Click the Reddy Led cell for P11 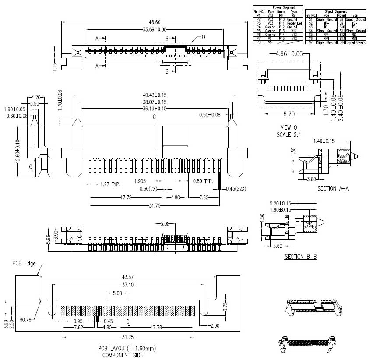click(x=294, y=23)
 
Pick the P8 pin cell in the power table click(x=258, y=42)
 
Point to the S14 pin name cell click(x=342, y=42)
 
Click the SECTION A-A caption click(x=333, y=189)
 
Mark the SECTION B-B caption click(x=300, y=257)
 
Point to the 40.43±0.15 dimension click(x=155, y=95)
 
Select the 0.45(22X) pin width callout click(x=235, y=189)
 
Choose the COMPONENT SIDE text click(x=123, y=355)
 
